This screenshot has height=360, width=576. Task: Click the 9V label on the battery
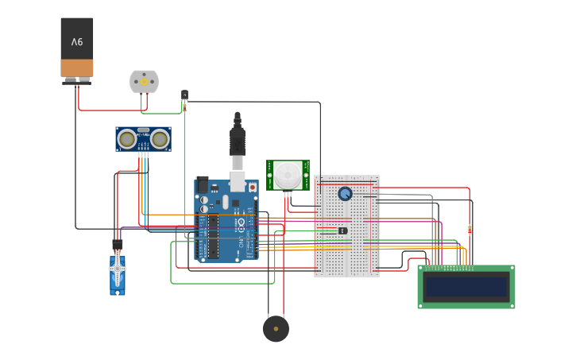pos(77,41)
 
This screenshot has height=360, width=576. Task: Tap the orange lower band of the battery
pos(77,68)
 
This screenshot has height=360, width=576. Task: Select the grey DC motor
pos(144,81)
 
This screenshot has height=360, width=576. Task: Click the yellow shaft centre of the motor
pos(144,80)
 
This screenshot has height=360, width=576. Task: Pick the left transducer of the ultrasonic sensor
pos(126,139)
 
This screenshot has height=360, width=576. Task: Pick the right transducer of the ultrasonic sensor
pos(160,139)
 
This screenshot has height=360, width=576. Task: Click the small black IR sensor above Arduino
pos(184,95)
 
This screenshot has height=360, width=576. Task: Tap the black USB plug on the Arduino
pos(238,142)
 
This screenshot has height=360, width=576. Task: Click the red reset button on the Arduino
pos(253,188)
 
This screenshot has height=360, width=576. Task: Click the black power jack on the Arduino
pos(203,184)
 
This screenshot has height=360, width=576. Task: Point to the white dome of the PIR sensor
pos(288,174)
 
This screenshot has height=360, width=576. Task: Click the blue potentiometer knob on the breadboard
pos(345,193)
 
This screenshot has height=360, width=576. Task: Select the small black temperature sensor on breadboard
pos(342,230)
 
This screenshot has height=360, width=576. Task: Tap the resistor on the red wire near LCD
pos(470,230)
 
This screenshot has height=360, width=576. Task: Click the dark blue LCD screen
pos(466,287)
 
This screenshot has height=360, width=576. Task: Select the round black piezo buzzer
pos(276,328)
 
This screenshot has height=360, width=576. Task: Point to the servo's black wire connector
pos(118,244)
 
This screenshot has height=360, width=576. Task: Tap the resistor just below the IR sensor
pos(184,107)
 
